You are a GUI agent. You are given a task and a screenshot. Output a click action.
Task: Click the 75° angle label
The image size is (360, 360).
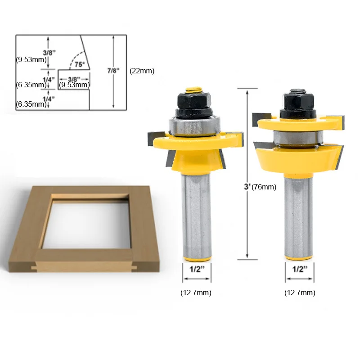80,64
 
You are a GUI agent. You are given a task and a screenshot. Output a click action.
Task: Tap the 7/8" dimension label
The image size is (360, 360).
114,71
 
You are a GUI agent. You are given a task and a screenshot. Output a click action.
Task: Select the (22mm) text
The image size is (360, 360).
142,71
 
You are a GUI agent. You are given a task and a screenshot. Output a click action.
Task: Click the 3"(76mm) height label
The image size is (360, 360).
260,187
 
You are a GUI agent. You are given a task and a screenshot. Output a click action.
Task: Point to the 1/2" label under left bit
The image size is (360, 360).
197,269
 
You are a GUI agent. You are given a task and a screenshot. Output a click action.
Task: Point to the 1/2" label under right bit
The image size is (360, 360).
300,269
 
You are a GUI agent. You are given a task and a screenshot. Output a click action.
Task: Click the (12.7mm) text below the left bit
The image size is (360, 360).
196,292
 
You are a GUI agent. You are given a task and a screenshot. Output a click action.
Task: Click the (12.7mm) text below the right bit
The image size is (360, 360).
300,292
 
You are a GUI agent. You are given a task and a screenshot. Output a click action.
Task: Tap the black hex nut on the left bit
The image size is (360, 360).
194,100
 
